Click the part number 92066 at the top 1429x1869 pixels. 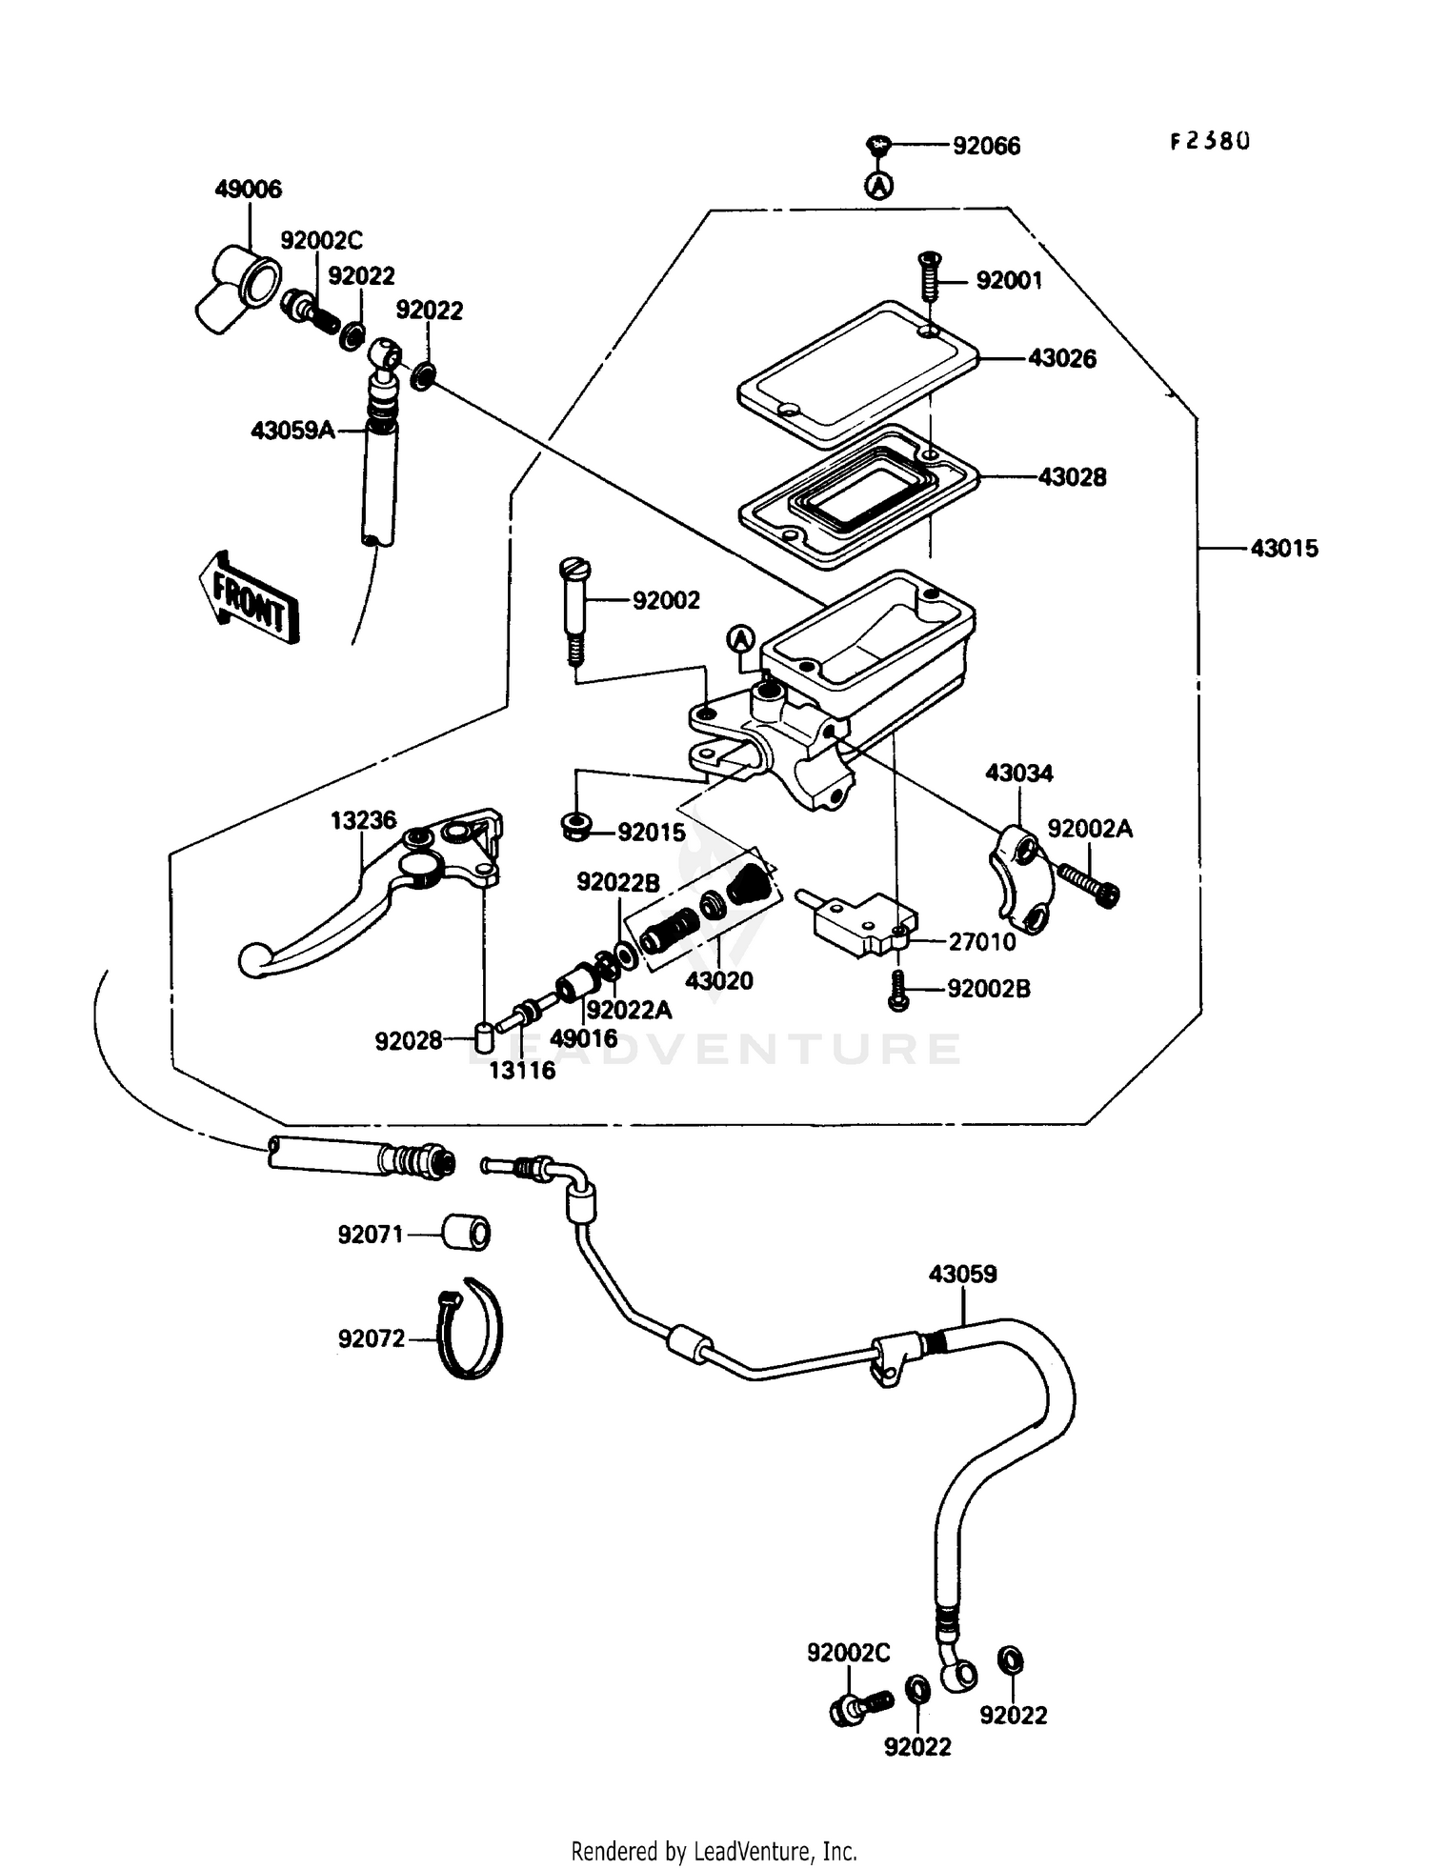[x=986, y=146]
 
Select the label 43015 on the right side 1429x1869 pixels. [x=1283, y=549]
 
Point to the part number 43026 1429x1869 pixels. [x=1061, y=359]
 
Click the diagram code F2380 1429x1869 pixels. [x=1209, y=142]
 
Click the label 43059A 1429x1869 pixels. [x=292, y=431]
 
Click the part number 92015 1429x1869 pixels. [x=652, y=833]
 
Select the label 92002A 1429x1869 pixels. [x=1090, y=829]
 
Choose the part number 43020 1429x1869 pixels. [x=719, y=980]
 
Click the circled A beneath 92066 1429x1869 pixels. [x=879, y=185]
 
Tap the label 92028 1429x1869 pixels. [x=408, y=1041]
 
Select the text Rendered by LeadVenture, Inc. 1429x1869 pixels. [x=714, y=1851]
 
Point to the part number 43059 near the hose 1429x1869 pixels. [x=962, y=1274]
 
